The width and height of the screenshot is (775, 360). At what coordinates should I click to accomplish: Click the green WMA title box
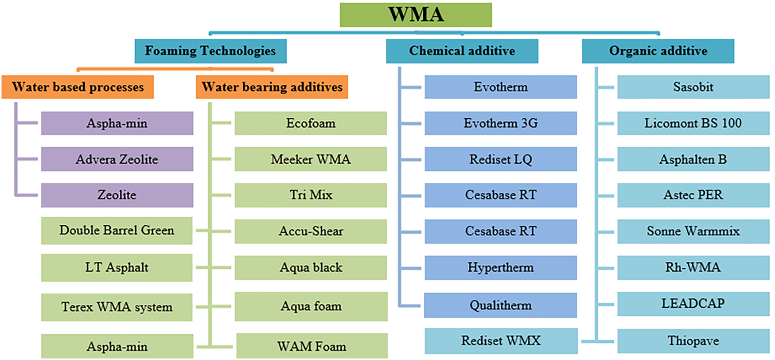(x=416, y=15)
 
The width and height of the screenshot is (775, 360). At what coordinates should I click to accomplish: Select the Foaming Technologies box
(x=210, y=51)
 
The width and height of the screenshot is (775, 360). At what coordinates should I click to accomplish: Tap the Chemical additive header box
(x=462, y=51)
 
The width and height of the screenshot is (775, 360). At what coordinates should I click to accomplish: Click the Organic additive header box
(x=658, y=51)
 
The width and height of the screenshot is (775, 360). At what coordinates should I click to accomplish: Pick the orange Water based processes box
(x=78, y=87)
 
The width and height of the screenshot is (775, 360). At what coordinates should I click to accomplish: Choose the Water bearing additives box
(x=272, y=87)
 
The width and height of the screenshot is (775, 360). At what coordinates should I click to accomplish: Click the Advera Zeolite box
(x=117, y=159)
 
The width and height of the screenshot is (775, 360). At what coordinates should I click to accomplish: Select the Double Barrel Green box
(x=117, y=231)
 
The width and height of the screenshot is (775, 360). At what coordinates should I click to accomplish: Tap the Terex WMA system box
(x=117, y=307)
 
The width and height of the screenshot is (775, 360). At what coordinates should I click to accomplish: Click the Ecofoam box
(x=311, y=123)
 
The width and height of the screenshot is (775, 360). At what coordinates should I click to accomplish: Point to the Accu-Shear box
(x=311, y=231)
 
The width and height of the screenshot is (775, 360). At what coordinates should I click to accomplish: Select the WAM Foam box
(x=312, y=346)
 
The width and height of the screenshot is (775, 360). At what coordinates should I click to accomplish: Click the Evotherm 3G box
(x=501, y=123)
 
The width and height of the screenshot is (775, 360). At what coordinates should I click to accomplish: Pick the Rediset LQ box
(x=501, y=159)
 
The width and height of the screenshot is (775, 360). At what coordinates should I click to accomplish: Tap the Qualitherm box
(x=500, y=305)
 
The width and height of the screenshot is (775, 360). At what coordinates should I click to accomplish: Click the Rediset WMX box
(x=501, y=340)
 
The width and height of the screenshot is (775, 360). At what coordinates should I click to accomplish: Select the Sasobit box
(x=693, y=87)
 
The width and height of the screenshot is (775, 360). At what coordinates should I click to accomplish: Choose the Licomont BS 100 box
(x=693, y=123)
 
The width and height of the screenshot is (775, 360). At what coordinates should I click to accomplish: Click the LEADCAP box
(x=693, y=304)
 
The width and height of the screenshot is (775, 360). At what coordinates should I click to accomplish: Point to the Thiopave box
(x=693, y=340)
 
